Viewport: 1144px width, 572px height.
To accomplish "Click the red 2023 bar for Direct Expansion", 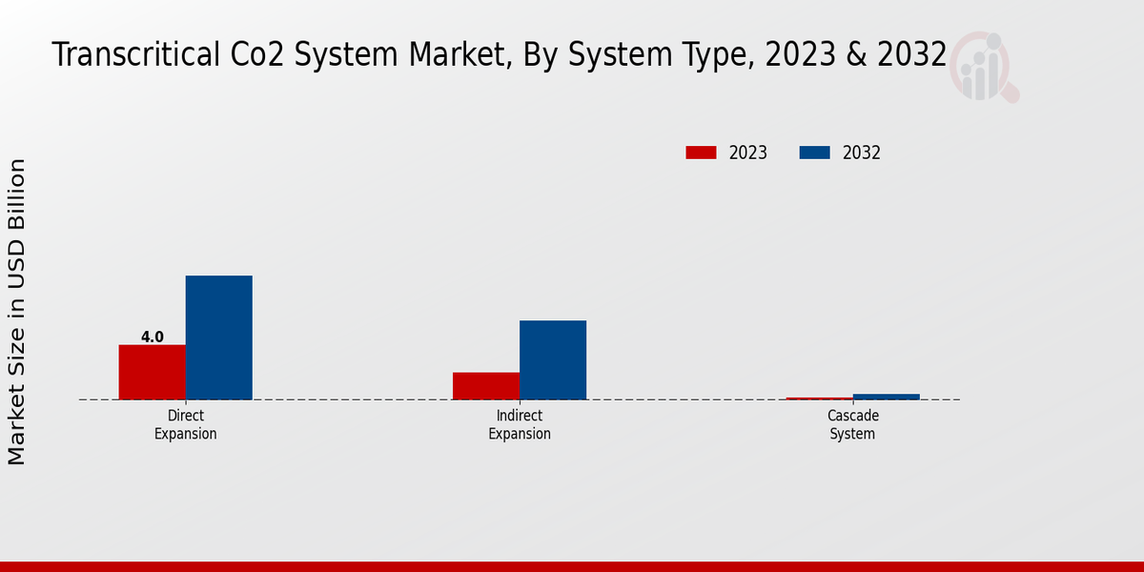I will pyautogui.click(x=152, y=372).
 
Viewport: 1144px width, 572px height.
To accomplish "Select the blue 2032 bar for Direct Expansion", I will pyautogui.click(x=218, y=337).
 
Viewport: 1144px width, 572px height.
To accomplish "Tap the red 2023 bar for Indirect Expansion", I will pyautogui.click(x=485, y=385).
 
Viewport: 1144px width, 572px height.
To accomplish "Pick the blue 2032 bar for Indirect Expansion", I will pyautogui.click(x=552, y=359).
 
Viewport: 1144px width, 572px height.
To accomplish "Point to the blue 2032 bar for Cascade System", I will pyautogui.click(x=886, y=397).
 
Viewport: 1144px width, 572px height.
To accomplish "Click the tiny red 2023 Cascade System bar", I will pyautogui.click(x=819, y=398).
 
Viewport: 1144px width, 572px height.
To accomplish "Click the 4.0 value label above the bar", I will pyautogui.click(x=153, y=337).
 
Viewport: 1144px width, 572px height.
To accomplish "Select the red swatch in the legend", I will pyautogui.click(x=701, y=153).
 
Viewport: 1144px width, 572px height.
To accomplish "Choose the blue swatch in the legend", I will pyautogui.click(x=814, y=153).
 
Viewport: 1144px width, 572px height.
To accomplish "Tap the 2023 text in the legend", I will pyautogui.click(x=748, y=153).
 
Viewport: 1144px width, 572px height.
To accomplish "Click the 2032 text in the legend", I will pyautogui.click(x=862, y=153).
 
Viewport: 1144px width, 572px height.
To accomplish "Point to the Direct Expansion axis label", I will pyautogui.click(x=186, y=425).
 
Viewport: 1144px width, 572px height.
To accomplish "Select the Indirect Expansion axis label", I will pyautogui.click(x=520, y=425).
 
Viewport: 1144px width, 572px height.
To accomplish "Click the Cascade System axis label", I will pyautogui.click(x=852, y=425).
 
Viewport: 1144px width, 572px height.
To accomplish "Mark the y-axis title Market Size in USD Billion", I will pyautogui.click(x=17, y=312).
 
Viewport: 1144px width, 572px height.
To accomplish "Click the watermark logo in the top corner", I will pyautogui.click(x=983, y=65).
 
